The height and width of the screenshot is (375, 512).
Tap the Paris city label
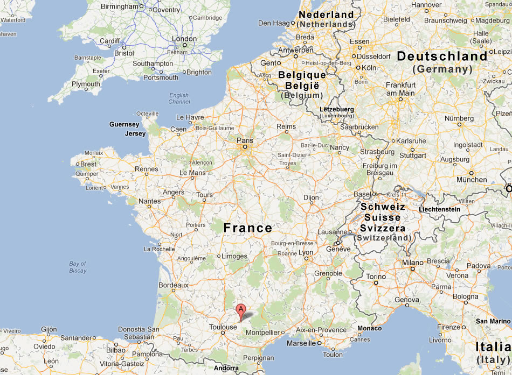(x=244, y=140)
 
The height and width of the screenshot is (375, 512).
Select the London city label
(x=184, y=39)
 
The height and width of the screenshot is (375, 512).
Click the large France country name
(x=248, y=228)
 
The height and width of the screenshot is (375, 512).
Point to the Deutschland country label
(x=442, y=56)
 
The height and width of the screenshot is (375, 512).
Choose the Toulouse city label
(x=223, y=327)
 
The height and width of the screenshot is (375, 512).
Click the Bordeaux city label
(x=174, y=285)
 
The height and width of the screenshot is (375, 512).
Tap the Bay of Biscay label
(x=78, y=267)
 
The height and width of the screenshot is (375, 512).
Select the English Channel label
(x=179, y=98)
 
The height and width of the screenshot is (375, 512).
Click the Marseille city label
(x=301, y=343)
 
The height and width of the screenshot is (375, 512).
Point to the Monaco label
(x=369, y=328)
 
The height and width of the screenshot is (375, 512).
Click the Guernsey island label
(x=124, y=124)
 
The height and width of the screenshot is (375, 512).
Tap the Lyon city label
(x=306, y=252)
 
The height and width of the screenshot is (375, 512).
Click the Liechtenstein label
(x=439, y=209)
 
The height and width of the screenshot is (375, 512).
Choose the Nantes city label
(x=149, y=201)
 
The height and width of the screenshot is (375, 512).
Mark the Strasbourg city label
(x=377, y=152)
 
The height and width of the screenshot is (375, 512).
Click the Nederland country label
(x=326, y=15)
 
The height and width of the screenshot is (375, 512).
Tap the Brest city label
(x=89, y=164)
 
